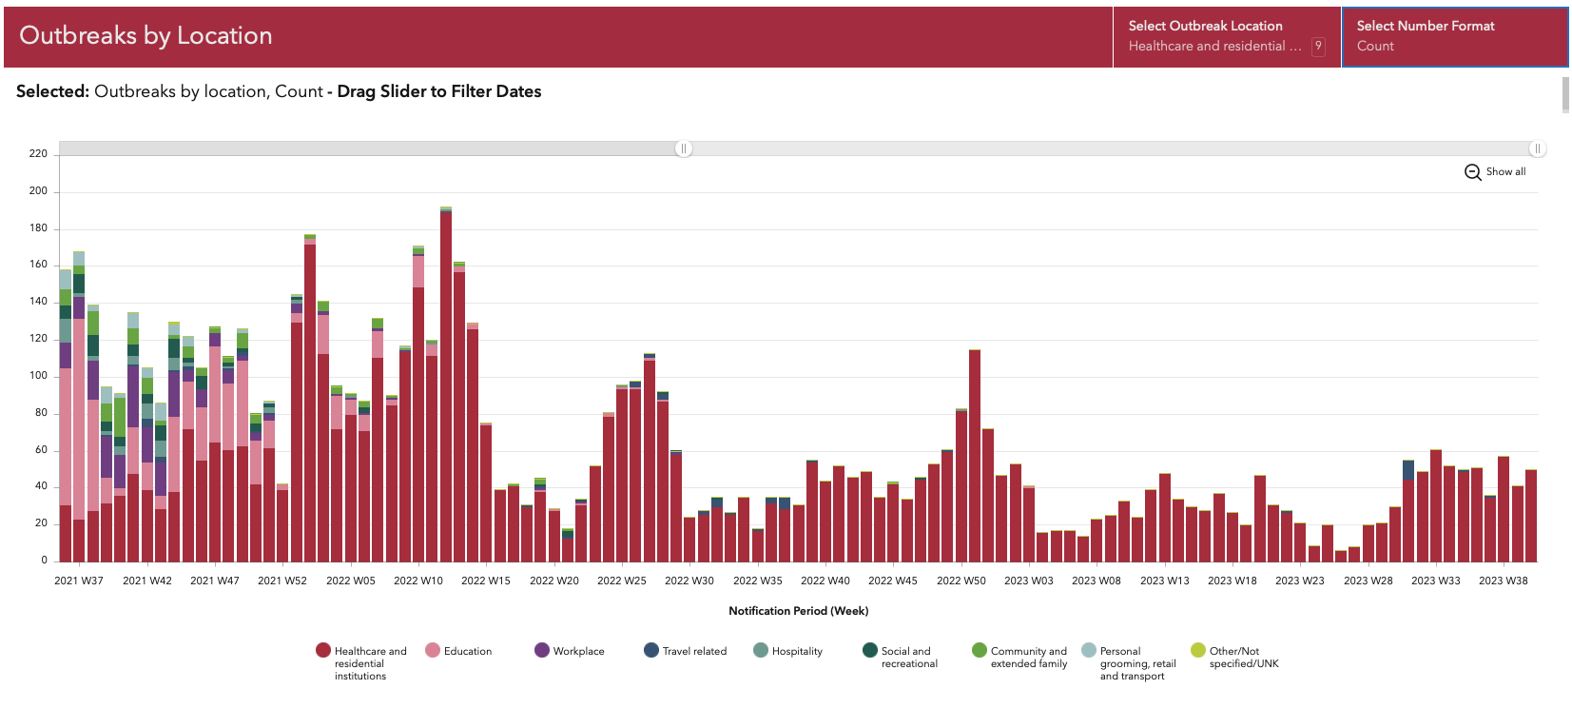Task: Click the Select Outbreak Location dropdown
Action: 1226,36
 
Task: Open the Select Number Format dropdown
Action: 1454,36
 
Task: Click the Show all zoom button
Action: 1495,171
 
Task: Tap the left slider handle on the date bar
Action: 683,148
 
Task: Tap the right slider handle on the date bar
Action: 1537,148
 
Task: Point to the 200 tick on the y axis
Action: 38,190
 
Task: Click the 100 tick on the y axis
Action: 38,375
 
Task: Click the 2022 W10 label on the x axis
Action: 418,581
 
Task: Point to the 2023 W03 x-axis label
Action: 1029,581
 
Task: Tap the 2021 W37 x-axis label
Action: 79,581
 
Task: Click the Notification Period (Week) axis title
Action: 798,611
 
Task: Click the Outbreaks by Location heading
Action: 146,35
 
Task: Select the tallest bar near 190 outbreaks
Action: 446,381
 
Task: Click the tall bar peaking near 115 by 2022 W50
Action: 975,457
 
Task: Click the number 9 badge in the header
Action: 1318,46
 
